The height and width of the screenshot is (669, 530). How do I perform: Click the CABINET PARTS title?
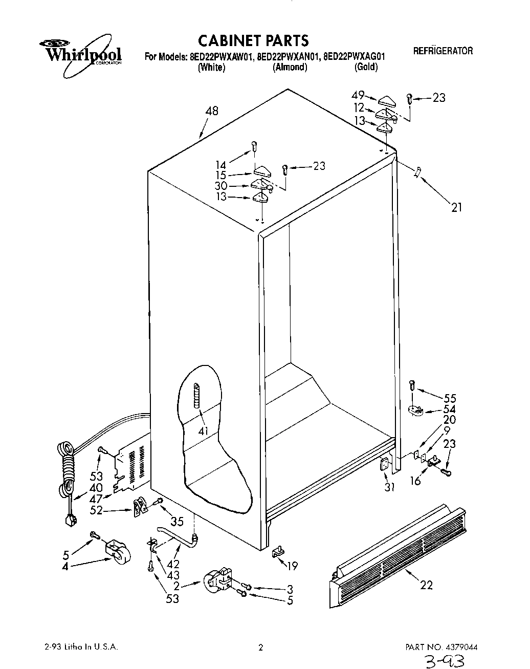[253, 40]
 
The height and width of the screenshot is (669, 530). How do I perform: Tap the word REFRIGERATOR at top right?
[443, 51]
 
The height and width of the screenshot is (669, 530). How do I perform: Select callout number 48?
[211, 111]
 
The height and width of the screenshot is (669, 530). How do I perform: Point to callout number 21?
[456, 207]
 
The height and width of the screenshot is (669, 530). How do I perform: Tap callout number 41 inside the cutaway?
[203, 431]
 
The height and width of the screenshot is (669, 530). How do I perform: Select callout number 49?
[358, 95]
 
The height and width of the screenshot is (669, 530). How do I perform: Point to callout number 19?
[292, 566]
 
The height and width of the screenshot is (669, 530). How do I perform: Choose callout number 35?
[177, 522]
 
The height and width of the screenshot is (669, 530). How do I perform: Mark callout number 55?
[450, 398]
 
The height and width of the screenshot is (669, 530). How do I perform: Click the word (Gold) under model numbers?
[366, 67]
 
